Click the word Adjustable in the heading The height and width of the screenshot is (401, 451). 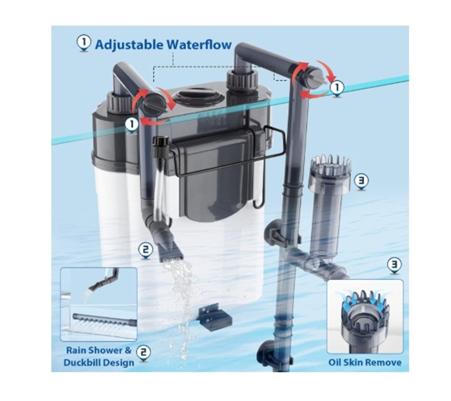pos(129,45)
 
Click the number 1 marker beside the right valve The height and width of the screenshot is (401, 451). pos(337,88)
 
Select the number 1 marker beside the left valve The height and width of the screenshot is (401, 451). pos(132,124)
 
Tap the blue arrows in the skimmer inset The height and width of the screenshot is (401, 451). pos(365,300)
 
